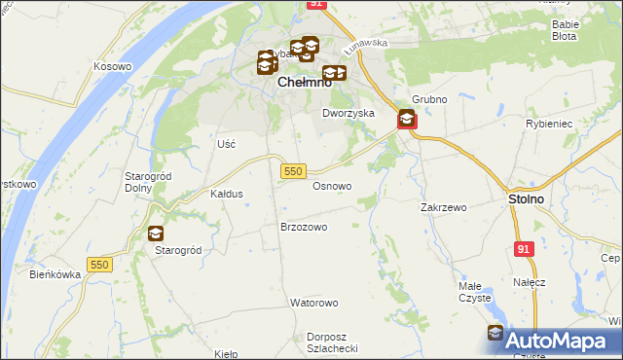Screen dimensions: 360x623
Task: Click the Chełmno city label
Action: (x=305, y=83)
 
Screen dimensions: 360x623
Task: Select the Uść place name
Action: (x=226, y=143)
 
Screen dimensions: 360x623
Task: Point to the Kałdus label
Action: (x=227, y=194)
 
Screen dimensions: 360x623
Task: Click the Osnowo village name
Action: (x=331, y=185)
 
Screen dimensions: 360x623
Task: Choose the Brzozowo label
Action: (x=303, y=227)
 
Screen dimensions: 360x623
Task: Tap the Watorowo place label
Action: (x=312, y=303)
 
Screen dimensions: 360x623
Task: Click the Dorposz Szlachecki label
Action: (x=333, y=342)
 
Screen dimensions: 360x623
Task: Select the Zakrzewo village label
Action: (x=444, y=207)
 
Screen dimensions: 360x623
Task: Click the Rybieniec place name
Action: (x=574, y=124)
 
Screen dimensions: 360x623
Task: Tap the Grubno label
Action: (x=428, y=99)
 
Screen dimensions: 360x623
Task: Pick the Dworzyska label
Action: (x=348, y=113)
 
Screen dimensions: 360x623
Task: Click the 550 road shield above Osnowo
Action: (x=294, y=171)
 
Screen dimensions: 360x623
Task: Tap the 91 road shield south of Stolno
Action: (x=525, y=250)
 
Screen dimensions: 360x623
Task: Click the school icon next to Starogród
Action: (x=156, y=234)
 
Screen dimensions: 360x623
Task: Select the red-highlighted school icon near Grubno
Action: (x=407, y=121)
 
